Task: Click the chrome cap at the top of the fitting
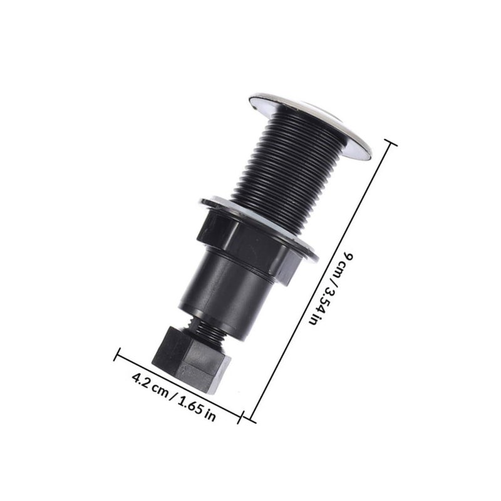(x=310, y=125)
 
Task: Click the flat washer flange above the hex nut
(x=259, y=227)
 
